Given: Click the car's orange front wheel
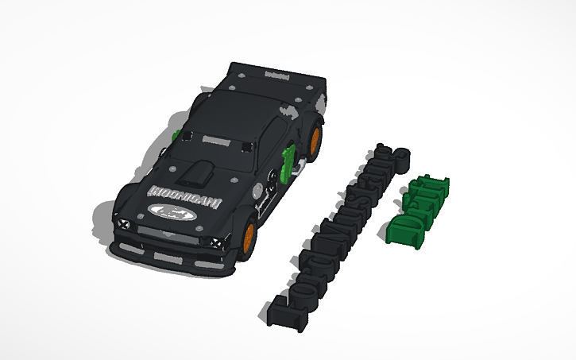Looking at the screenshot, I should pos(250,235).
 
